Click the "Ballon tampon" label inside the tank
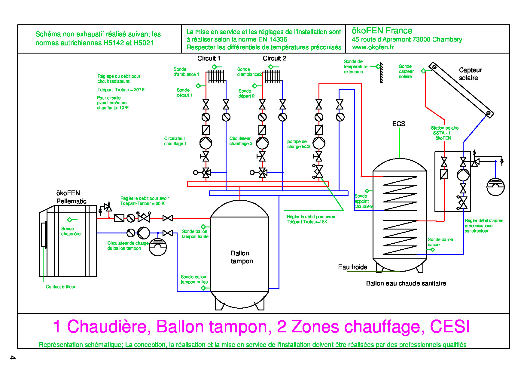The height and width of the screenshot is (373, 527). (242, 257)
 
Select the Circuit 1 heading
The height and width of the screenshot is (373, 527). (209, 58)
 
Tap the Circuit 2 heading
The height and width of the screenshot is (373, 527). (274, 58)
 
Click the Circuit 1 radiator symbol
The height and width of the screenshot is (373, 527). (216, 76)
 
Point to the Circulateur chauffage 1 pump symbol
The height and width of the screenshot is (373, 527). (206, 143)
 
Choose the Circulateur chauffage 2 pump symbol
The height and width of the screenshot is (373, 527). (262, 143)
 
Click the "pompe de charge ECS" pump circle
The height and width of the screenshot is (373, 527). (319, 143)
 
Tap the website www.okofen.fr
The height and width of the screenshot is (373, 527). (373, 47)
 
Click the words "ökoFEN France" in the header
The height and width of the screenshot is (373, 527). (382, 31)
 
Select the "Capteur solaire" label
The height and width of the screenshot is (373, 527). (470, 74)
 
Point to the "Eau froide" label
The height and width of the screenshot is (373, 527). (353, 267)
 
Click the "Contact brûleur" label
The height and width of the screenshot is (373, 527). (61, 287)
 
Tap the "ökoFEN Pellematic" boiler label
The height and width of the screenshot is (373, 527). (71, 197)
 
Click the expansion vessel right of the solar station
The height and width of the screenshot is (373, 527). (495, 187)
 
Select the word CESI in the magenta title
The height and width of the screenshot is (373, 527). (449, 327)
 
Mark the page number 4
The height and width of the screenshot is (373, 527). (13, 357)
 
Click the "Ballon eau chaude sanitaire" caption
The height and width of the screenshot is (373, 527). (406, 283)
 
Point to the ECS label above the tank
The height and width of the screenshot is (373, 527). (399, 124)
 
